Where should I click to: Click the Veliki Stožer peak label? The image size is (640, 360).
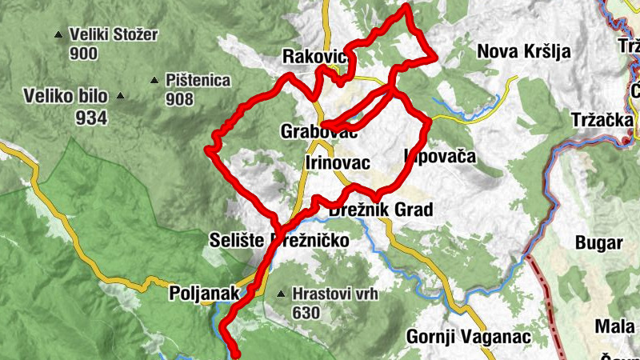114,35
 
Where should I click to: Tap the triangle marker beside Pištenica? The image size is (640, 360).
154,80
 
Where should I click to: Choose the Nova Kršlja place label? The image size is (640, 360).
523,52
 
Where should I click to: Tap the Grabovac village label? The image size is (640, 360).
318,130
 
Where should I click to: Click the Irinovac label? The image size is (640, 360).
338,163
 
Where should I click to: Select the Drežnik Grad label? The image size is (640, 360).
381,210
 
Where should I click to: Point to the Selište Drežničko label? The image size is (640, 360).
279,239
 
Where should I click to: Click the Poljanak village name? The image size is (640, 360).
204,294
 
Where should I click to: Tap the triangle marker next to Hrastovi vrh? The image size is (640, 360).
281,294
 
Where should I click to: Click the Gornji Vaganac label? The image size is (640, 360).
469,337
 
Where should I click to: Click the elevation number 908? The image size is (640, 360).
180,99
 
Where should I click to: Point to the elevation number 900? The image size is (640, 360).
83,54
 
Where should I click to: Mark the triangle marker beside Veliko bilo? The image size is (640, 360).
120,97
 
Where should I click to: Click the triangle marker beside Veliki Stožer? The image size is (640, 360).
58,35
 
